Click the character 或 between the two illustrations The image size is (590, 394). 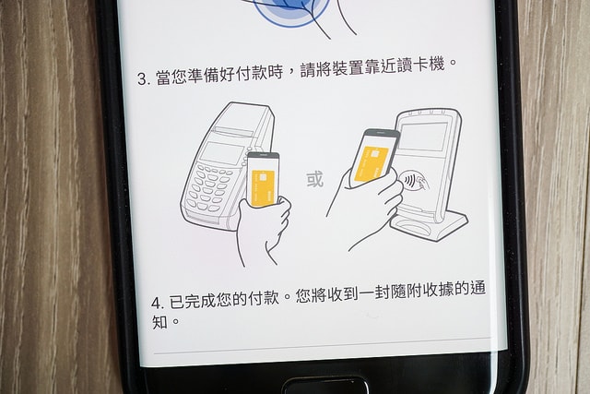coord(315,179)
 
